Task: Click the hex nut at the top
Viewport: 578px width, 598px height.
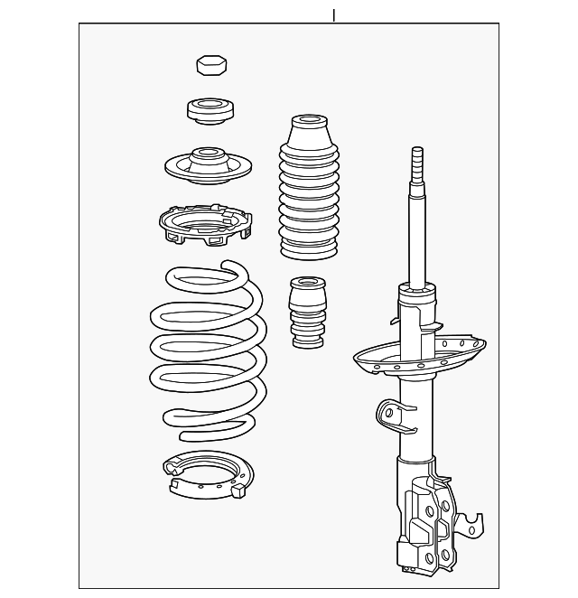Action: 211,65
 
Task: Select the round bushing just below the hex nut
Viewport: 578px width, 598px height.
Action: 210,112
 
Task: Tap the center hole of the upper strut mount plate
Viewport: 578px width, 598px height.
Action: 208,154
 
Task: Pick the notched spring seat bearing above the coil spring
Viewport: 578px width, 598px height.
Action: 204,225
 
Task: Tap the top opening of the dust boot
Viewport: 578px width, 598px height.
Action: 309,121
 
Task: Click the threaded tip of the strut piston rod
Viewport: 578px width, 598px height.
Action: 417,163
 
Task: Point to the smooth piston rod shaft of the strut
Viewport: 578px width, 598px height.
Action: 418,235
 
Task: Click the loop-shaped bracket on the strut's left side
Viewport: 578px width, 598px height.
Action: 389,414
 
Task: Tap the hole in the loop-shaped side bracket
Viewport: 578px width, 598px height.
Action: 388,414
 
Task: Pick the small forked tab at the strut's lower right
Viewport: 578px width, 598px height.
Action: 471,525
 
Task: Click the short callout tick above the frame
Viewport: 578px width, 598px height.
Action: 333,15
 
